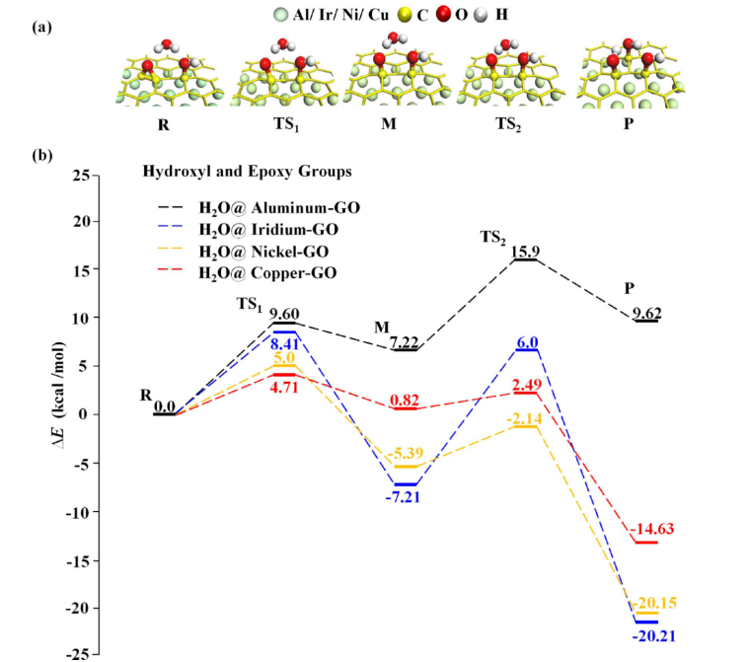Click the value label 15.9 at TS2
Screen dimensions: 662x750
[525, 252]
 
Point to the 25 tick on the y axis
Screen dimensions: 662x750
[82, 175]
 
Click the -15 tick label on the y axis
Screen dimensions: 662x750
[78, 558]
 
